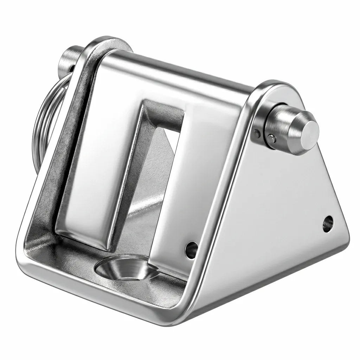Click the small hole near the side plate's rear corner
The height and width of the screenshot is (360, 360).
(x=328, y=224)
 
